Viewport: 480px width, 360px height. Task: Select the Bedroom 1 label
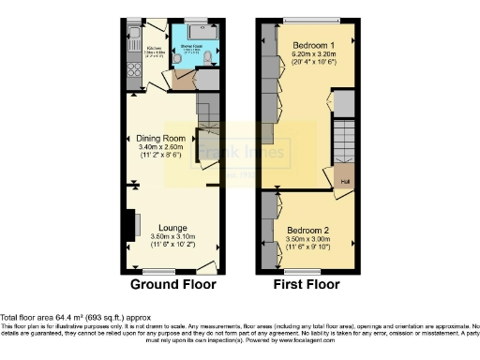coord(312,45)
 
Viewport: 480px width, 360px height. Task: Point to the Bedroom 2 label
coord(308,231)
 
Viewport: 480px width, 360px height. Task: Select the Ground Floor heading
coord(173,284)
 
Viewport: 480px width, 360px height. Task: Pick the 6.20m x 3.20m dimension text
coord(312,54)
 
